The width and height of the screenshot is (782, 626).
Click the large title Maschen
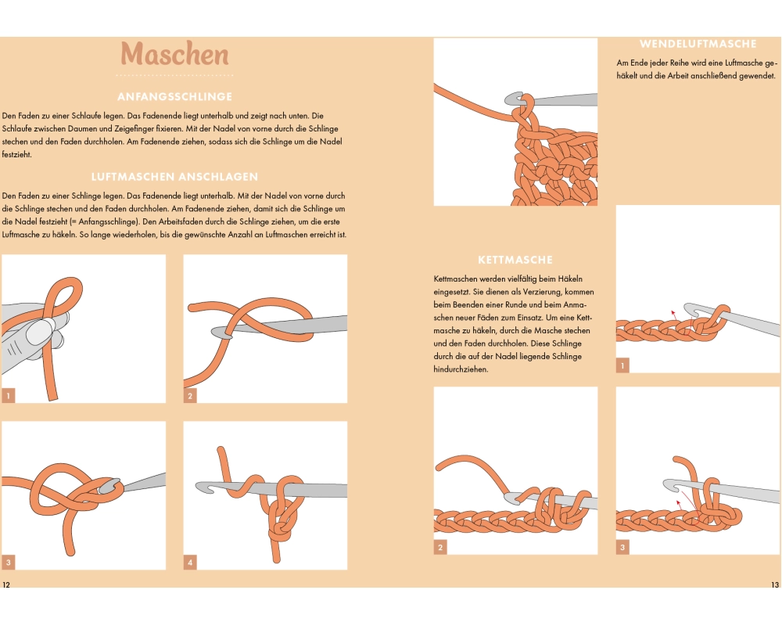[174, 54]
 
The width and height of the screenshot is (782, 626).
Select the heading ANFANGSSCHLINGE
[174, 97]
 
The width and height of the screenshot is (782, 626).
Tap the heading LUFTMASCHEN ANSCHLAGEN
[174, 177]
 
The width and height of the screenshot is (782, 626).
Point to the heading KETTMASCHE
[515, 260]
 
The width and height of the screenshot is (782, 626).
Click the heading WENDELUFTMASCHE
[698, 44]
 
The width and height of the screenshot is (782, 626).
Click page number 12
[6, 585]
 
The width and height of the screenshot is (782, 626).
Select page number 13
[774, 585]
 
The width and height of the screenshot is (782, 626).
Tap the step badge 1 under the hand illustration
[9, 396]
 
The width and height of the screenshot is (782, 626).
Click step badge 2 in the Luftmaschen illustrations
[190, 396]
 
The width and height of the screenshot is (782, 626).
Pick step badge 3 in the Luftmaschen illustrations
[9, 563]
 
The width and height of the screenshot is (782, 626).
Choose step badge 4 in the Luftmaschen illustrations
[190, 563]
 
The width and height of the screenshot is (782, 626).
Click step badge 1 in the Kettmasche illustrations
[622, 365]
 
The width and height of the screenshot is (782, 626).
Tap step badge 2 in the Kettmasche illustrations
[440, 547]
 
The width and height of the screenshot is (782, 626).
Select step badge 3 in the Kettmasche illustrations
[622, 547]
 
